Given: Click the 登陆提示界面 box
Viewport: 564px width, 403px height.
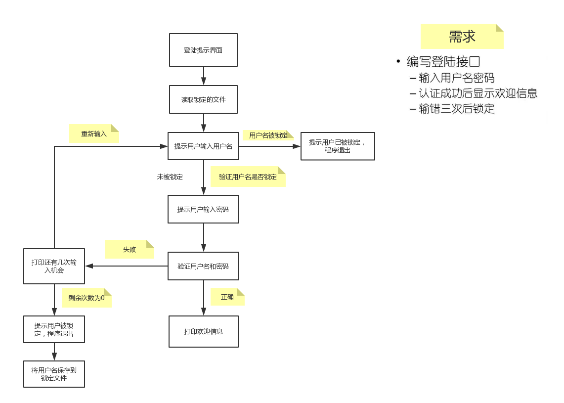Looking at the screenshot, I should pos(203,50).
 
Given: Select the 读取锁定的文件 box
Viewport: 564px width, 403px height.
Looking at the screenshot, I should pos(203,99).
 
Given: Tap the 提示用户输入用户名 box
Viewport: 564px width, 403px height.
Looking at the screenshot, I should pos(203,146).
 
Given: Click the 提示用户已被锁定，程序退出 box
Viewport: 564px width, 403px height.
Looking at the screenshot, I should pos(338,146).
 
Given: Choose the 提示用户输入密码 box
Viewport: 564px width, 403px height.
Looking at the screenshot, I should pos(203,209).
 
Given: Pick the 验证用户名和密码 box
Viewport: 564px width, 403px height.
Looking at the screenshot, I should pos(203,266).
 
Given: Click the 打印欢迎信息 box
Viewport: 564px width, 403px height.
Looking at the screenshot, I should pos(203,331).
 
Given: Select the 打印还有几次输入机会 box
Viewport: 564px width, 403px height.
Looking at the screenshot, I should pos(54,266).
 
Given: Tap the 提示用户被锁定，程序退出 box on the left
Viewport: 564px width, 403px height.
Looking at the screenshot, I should pos(54,329).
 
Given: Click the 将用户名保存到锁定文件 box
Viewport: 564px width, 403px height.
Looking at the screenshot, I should pos(54,374).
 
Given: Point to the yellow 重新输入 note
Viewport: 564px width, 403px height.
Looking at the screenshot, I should pos(93,134).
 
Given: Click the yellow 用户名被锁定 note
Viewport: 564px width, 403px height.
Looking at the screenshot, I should pos(268,135).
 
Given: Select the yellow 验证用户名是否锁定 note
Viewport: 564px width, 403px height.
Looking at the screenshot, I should pos(248,177).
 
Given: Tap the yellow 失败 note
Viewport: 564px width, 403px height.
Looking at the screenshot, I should pos(129,250).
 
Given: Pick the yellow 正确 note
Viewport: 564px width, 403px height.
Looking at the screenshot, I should pos(227,297).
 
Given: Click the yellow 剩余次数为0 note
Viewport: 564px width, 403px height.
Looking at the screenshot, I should pos(87,298).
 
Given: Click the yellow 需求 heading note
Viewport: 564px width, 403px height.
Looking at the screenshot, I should pos(462,37).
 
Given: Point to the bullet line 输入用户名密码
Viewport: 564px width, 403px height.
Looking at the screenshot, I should pos(456,78).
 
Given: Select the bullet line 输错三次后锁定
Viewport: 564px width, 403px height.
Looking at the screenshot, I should pos(456,109).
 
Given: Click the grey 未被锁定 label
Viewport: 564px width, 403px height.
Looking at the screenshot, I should pos(170,177).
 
